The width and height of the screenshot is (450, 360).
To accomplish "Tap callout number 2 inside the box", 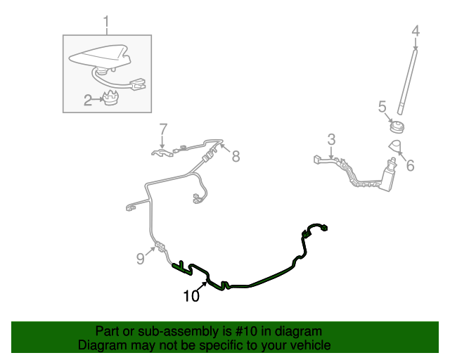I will [x=88, y=101].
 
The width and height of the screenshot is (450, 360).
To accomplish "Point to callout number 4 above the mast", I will [x=415, y=31].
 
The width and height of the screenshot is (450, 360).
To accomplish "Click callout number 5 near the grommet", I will [x=382, y=107].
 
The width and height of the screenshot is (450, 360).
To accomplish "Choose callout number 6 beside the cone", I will [x=411, y=165].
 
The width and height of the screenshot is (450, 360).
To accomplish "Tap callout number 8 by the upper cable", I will [x=236, y=157].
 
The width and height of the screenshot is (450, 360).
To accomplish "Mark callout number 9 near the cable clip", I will [x=141, y=259].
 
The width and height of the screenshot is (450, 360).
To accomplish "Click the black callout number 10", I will [x=191, y=296].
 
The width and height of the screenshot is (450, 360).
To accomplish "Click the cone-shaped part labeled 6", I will [x=397, y=146].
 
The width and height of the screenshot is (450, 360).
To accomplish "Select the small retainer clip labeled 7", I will [x=161, y=151].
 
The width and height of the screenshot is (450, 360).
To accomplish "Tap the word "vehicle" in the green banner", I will [x=307, y=345].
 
